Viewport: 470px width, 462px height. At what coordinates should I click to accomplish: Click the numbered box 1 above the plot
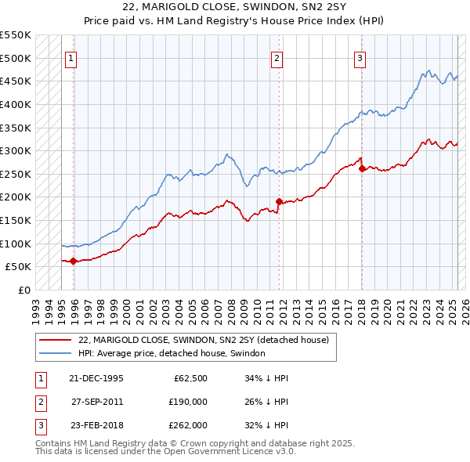click(70, 58)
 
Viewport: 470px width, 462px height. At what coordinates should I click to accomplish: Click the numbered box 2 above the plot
click(277, 58)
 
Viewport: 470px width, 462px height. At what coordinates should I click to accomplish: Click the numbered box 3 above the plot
click(360, 58)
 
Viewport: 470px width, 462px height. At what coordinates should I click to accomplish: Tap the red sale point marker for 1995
click(74, 261)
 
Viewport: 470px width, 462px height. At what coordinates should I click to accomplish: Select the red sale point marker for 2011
click(280, 201)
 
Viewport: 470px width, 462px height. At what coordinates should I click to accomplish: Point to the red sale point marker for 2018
click(362, 168)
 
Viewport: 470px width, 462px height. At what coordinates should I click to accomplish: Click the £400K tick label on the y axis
click(16, 104)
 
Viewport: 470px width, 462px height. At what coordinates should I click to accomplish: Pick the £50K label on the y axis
click(19, 267)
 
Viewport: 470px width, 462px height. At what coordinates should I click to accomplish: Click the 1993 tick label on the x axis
click(35, 306)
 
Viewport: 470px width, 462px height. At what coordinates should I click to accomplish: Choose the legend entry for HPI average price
click(172, 353)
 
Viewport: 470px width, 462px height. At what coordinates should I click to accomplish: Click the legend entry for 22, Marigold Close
click(208, 340)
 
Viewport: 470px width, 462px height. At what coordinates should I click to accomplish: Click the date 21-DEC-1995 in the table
click(96, 378)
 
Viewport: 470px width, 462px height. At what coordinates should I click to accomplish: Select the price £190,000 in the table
click(188, 402)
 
